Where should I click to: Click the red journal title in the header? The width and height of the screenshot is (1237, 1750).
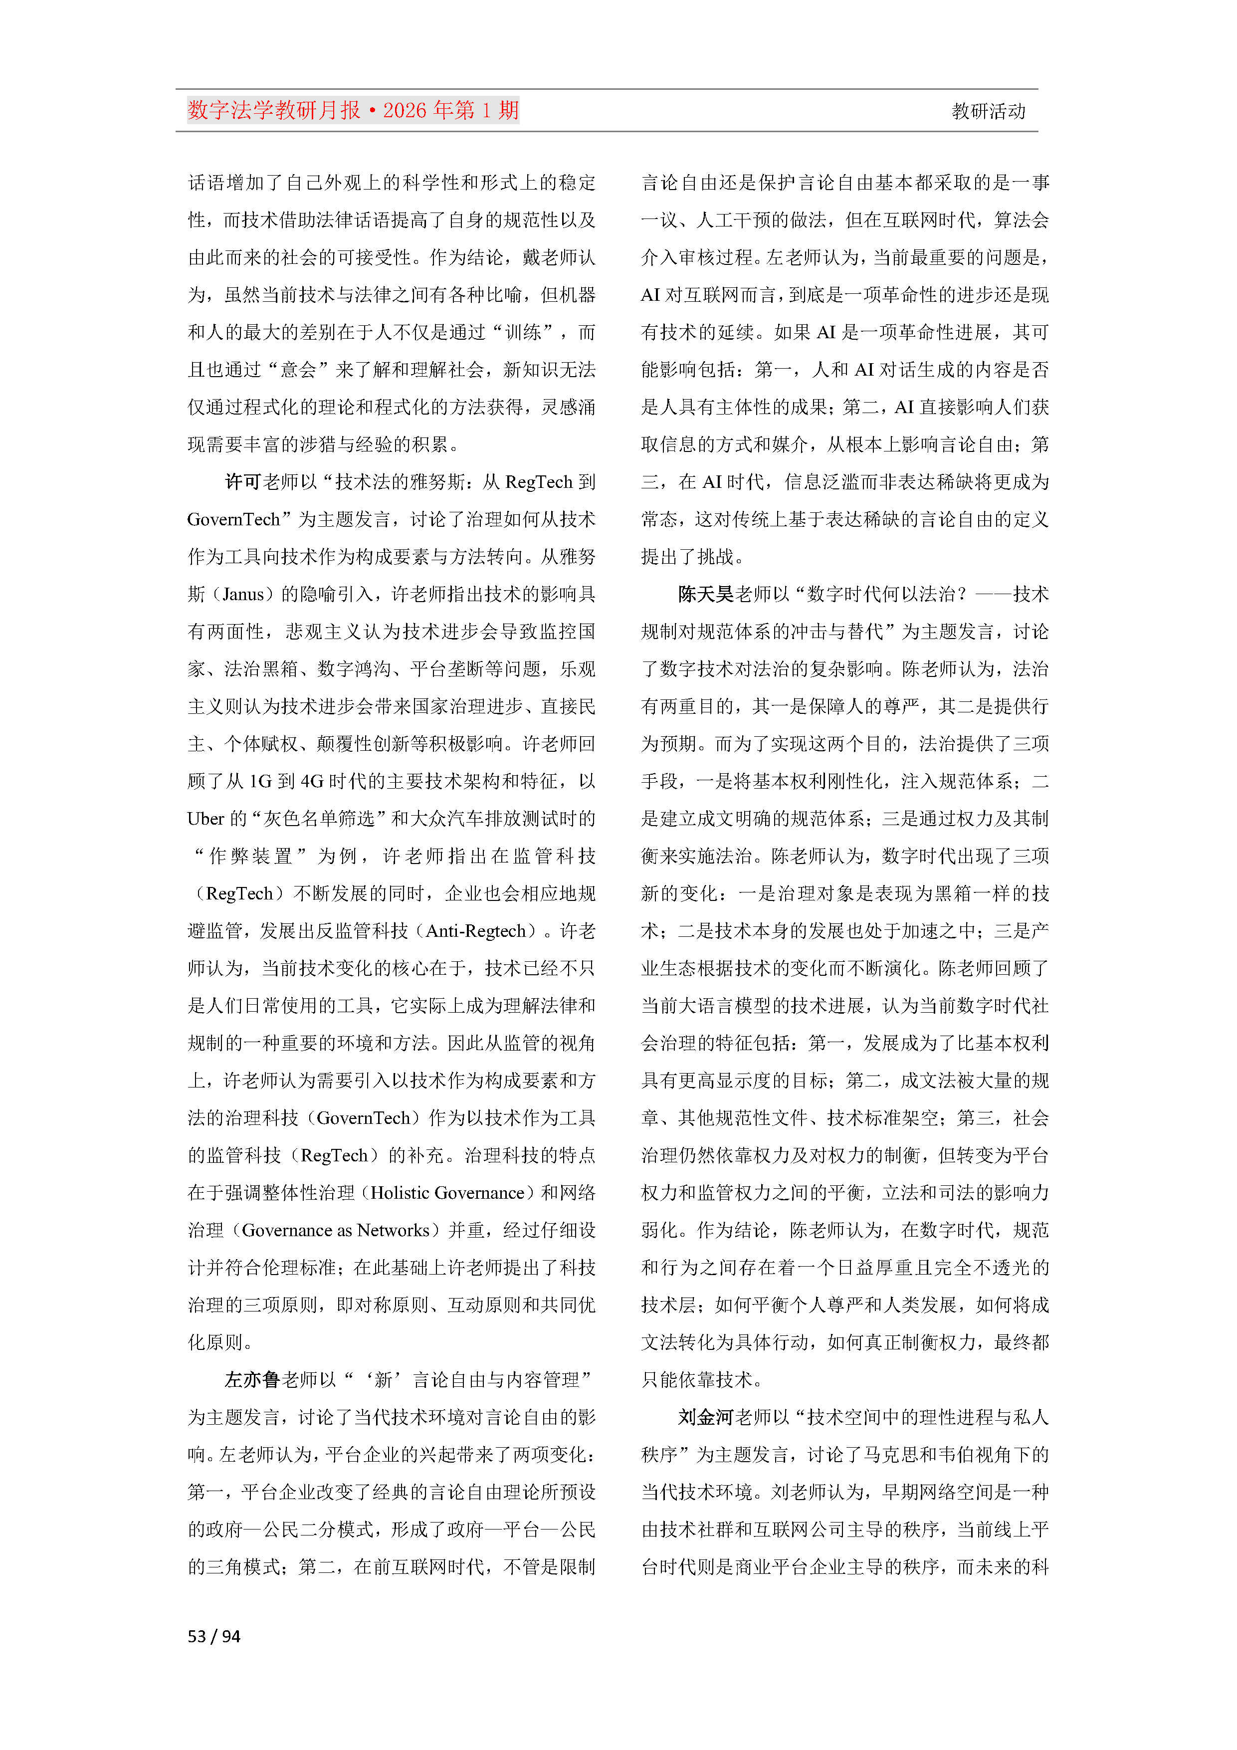coord(353,111)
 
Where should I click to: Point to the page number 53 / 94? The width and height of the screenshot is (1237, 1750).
coord(213,1636)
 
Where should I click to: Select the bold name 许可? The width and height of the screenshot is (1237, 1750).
coord(243,482)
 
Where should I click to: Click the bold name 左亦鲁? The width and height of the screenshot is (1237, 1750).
coord(252,1379)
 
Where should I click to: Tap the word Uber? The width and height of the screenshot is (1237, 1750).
coord(206,819)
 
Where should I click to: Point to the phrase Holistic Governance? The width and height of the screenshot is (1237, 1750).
coord(447,1193)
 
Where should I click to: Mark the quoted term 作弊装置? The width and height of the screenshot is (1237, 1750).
coord(251,857)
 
